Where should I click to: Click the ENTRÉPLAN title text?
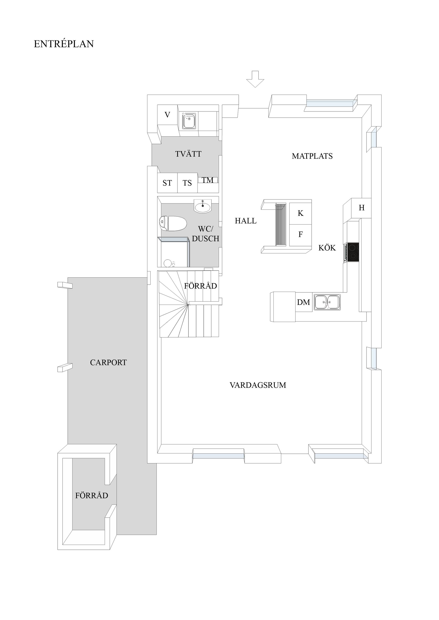64,44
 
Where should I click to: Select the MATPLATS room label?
312,156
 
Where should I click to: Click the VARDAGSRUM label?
258,385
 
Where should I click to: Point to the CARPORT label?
108,362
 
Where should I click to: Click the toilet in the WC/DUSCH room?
173,223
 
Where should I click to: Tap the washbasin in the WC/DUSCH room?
202,207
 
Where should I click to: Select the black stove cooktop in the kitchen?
353,252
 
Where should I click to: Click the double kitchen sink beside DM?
327,302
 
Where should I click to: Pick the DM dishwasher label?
303,302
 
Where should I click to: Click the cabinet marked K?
300,213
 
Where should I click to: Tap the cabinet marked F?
300,235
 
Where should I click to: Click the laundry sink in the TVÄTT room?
189,121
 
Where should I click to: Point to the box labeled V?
167,115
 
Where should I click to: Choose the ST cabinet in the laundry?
167,183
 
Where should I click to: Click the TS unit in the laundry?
187,183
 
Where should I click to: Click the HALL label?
246,221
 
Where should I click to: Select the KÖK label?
327,248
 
